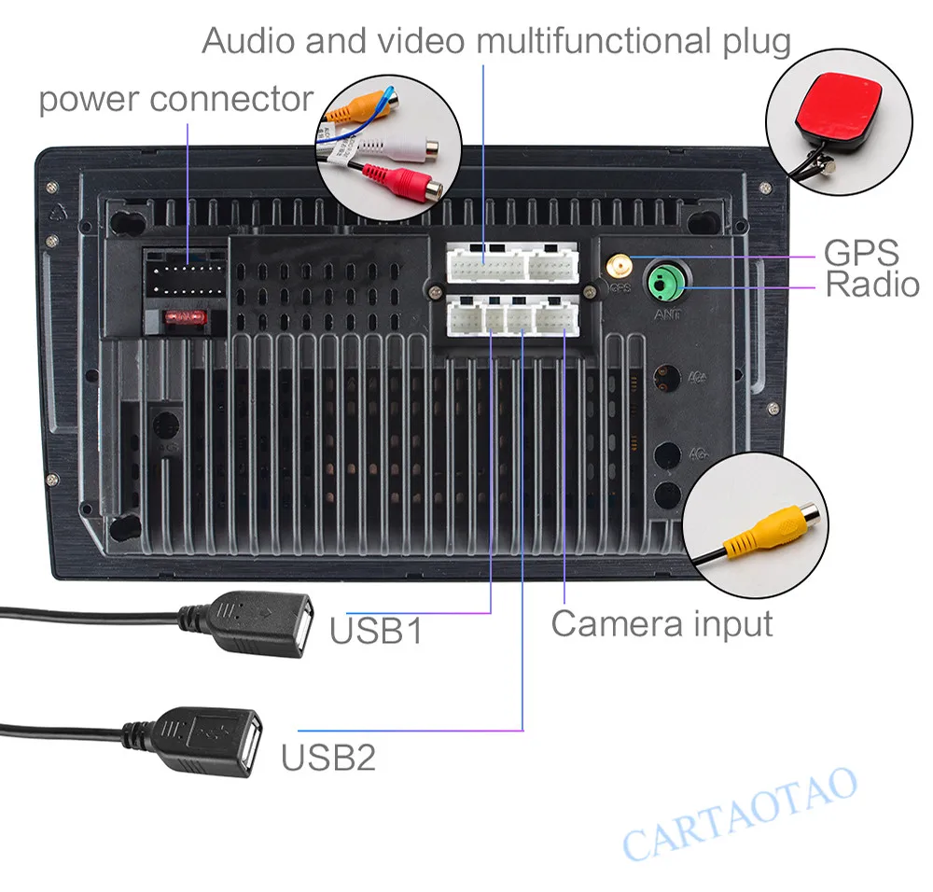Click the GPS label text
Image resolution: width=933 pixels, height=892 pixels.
tap(860, 253)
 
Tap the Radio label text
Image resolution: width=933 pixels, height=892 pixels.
tap(872, 285)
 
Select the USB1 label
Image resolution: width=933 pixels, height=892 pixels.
tap(376, 632)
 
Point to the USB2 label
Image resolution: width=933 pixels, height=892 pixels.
tap(328, 757)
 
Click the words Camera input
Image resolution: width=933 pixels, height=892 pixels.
tap(661, 623)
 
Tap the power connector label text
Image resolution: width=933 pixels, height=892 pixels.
tap(175, 98)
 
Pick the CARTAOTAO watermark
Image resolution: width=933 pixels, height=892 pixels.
tap(739, 814)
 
